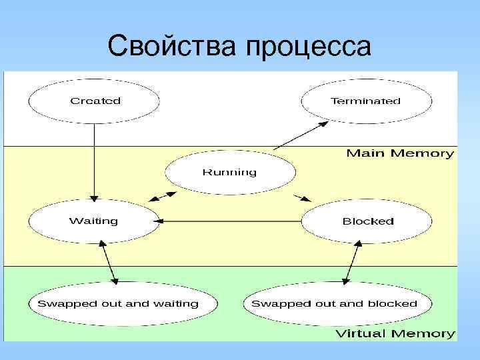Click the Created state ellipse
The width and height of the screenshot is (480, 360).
click(x=94, y=101)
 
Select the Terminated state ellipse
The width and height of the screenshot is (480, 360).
click(x=366, y=101)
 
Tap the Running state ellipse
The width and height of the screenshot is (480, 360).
click(x=229, y=172)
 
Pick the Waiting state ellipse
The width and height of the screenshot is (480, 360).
click(x=94, y=221)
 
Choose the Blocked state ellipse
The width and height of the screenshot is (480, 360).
click(x=367, y=221)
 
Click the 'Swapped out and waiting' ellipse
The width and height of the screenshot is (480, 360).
click(x=118, y=303)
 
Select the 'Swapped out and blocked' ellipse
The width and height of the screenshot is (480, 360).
click(x=334, y=303)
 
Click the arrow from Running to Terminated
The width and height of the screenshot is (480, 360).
click(x=301, y=135)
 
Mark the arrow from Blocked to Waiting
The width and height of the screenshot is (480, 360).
click(x=230, y=221)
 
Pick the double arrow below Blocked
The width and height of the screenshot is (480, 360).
click(x=352, y=263)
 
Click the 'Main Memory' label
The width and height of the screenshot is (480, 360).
click(x=400, y=153)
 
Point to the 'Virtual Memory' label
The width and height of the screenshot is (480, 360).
click(x=395, y=333)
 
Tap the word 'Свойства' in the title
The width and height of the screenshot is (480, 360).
click(x=172, y=46)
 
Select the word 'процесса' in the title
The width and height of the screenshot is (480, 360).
click(x=308, y=47)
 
